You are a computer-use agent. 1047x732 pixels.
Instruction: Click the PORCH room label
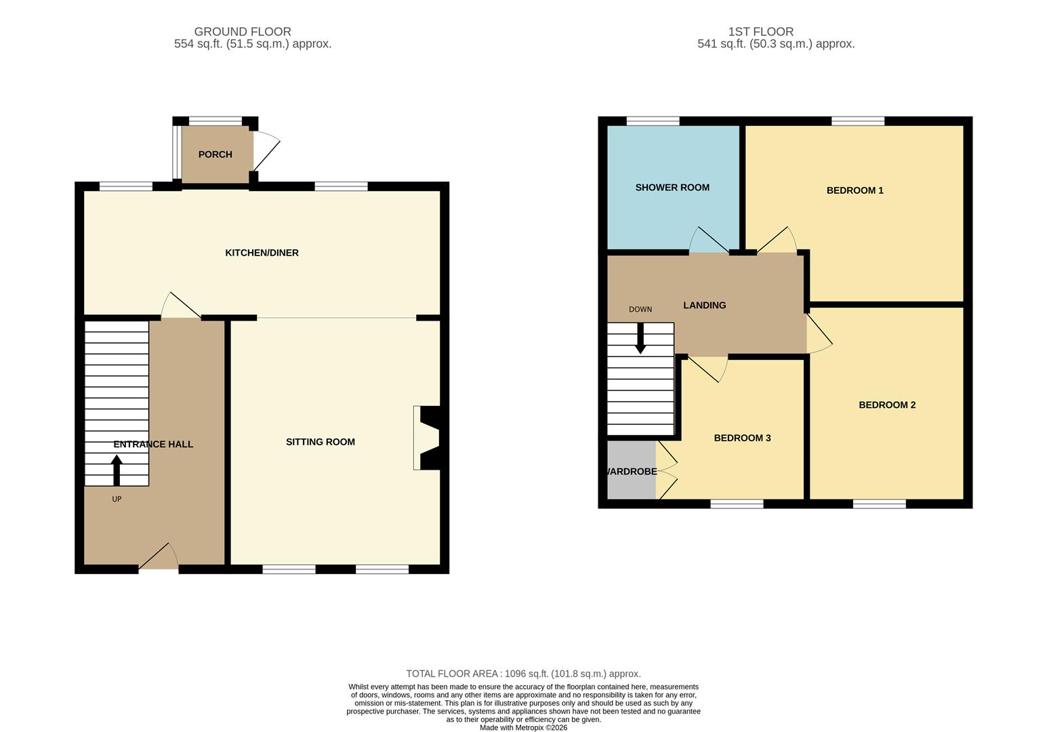click(215, 155)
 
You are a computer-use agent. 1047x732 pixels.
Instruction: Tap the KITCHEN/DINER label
click(262, 253)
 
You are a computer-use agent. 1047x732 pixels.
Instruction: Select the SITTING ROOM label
click(320, 442)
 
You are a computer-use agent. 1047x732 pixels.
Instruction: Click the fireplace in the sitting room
click(427, 438)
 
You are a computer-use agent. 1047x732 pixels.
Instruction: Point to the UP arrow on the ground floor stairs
click(117, 470)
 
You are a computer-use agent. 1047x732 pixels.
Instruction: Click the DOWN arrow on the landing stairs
click(640, 338)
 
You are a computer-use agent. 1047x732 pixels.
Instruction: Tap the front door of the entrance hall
click(159, 558)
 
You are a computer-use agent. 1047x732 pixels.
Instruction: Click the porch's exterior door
click(266, 152)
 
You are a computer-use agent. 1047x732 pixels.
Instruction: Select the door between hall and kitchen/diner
click(181, 306)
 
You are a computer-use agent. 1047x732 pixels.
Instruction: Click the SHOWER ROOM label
click(672, 188)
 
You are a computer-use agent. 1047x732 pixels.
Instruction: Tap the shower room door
click(708, 241)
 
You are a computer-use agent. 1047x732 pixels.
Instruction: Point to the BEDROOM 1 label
click(855, 190)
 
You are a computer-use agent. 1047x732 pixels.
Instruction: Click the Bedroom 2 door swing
click(818, 333)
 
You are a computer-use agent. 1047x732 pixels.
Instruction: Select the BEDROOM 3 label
click(742, 438)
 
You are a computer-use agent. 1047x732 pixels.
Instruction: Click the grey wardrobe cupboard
click(631, 470)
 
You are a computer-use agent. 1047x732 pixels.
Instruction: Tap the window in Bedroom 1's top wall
click(857, 121)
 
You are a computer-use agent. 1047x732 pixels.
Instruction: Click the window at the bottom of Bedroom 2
click(879, 504)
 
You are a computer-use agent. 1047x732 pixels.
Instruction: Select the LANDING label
click(704, 306)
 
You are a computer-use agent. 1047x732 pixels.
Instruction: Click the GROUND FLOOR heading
click(243, 32)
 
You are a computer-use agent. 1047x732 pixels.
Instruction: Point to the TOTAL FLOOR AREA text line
click(523, 674)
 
